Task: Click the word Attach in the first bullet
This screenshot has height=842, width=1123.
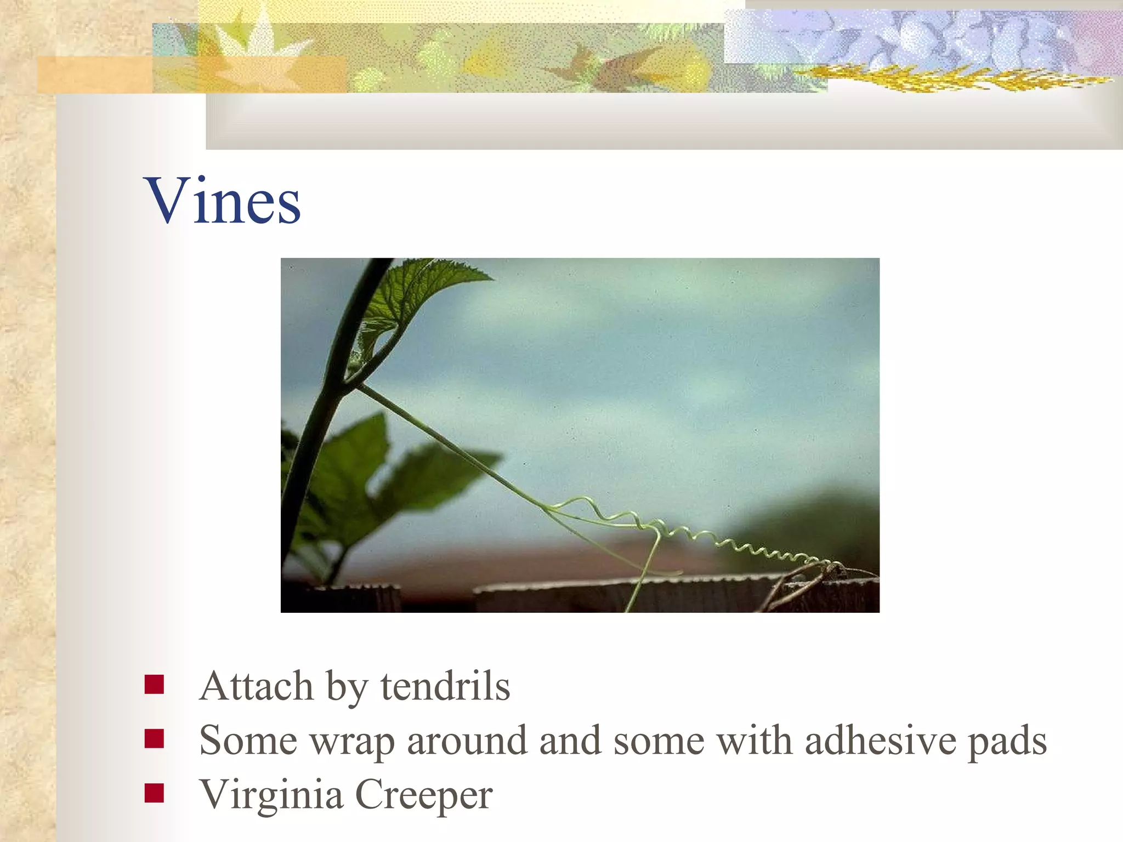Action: tap(256, 686)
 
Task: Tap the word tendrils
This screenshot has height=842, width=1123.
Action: tap(445, 686)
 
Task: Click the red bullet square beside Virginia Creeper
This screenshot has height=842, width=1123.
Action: tap(154, 793)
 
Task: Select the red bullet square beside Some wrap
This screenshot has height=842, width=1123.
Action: tap(154, 738)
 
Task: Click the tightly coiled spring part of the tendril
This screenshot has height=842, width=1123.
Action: tap(768, 548)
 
